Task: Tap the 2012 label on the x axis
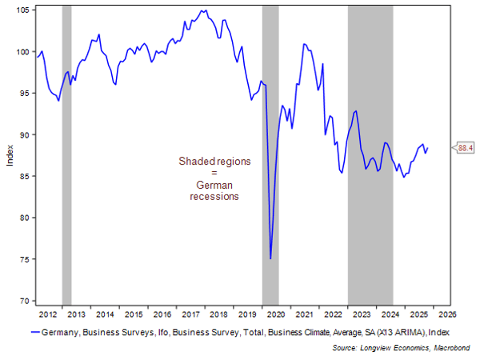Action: (48, 314)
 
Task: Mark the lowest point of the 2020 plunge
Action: (270, 258)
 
